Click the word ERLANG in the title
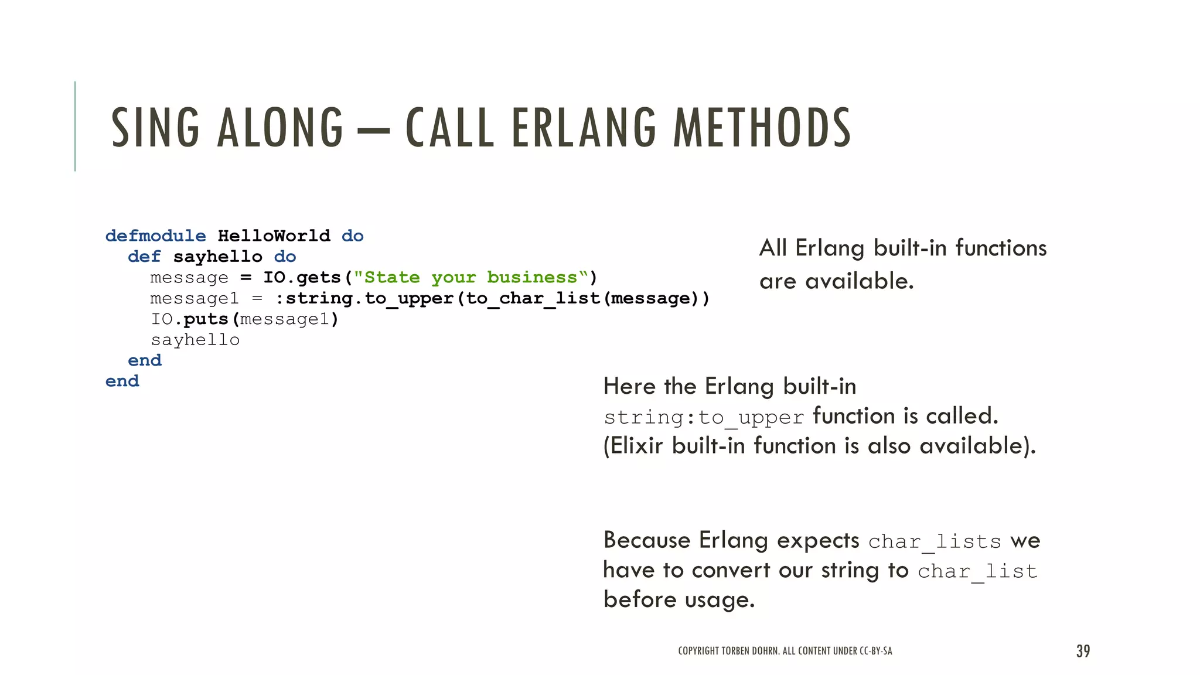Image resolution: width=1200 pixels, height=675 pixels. click(584, 127)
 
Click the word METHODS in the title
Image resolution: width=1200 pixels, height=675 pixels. click(762, 127)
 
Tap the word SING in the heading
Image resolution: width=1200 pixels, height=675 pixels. click(155, 127)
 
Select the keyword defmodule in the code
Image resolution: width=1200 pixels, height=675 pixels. click(155, 236)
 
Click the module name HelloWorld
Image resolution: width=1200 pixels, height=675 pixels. click(274, 236)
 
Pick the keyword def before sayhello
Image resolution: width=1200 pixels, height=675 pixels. click(144, 257)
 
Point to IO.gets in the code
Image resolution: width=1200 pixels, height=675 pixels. click(302, 277)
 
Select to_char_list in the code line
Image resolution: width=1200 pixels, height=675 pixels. click(533, 298)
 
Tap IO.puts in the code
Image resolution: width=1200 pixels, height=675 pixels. click(189, 319)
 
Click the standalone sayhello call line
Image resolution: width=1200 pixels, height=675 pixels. click(195, 340)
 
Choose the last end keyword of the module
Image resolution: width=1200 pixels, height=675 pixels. click(122, 381)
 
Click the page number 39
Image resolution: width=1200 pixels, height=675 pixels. click(1083, 651)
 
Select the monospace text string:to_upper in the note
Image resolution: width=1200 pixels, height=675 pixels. click(704, 417)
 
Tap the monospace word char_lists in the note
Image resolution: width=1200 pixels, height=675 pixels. click(935, 541)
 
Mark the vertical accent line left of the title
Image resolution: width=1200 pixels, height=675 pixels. click(75, 126)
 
